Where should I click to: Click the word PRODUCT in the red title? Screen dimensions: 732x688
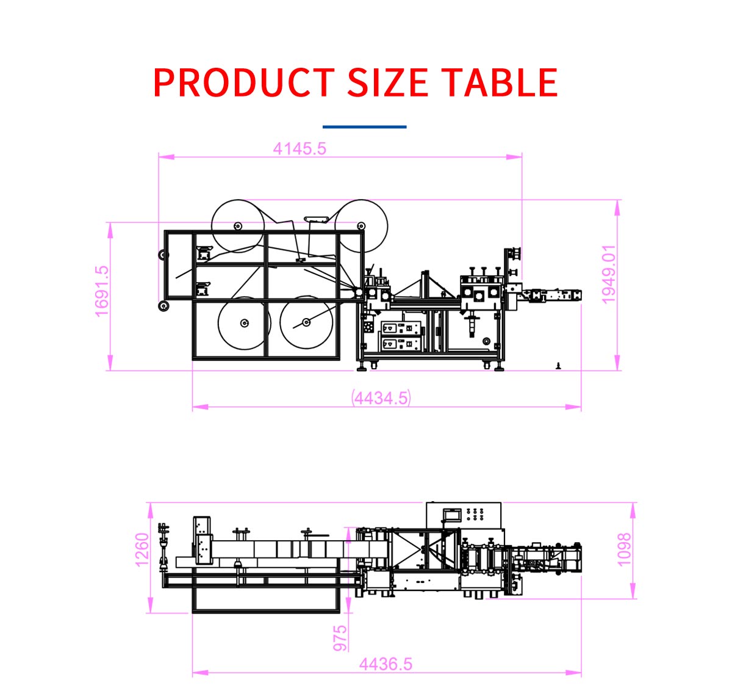tap(243, 82)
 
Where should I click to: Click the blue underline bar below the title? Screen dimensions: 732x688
tap(365, 127)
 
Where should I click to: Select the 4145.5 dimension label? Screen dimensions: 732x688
tap(300, 149)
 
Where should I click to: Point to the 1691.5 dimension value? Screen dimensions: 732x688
tap(102, 291)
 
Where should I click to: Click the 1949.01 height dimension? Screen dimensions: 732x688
tap(609, 275)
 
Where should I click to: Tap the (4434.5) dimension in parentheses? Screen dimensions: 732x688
tap(381, 398)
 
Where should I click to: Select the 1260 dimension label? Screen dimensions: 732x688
tap(142, 549)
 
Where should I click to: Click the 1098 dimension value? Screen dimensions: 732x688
tap(623, 549)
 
